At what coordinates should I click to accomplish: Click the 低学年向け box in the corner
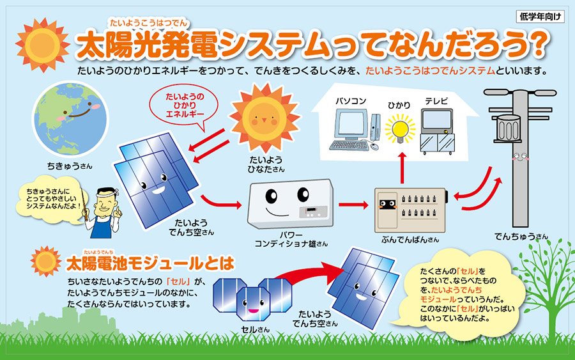[x=540, y=17]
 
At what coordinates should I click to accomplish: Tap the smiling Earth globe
[x=70, y=118]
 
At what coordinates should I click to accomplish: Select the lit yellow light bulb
[x=400, y=129]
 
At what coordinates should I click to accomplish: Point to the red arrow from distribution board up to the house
[x=402, y=168]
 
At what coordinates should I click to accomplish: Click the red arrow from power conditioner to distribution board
[x=353, y=205]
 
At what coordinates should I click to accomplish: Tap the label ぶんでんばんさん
[x=410, y=240]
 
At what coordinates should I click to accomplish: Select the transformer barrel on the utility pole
[x=508, y=128]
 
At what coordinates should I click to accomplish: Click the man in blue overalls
[x=103, y=212]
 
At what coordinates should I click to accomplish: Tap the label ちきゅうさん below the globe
[x=70, y=166]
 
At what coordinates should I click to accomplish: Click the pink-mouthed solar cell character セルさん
[x=252, y=303]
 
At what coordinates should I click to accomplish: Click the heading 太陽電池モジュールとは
[x=150, y=263]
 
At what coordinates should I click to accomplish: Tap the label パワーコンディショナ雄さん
[x=291, y=239]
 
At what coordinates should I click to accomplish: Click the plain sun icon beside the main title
[x=43, y=45]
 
